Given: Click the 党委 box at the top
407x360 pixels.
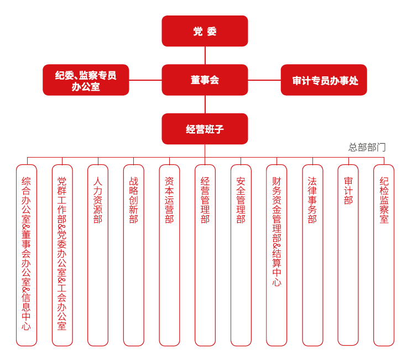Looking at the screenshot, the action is (x=205, y=31).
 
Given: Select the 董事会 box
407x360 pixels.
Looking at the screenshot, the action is (x=205, y=80).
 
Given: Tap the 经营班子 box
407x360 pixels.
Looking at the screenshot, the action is (x=205, y=129).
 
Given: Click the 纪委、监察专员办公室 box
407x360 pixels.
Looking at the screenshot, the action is (x=86, y=80).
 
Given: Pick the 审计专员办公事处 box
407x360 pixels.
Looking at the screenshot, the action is (x=324, y=80).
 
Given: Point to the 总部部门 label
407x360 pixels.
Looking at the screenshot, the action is (x=367, y=148).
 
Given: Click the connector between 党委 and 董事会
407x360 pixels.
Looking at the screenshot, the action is (x=205, y=55).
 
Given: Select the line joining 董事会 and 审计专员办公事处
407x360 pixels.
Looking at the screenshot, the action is (x=264, y=80).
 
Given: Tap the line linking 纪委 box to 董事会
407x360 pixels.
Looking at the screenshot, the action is (x=145, y=80).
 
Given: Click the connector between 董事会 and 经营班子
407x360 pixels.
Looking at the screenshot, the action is (x=205, y=105).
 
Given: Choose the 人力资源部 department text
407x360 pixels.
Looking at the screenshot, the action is (x=98, y=200).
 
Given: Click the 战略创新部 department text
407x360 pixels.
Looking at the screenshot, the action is (x=133, y=200).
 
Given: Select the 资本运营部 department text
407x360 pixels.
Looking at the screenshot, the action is (x=169, y=200).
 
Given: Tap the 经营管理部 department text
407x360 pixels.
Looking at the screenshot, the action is (x=205, y=200).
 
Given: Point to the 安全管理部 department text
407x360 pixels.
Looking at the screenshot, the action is (x=241, y=200).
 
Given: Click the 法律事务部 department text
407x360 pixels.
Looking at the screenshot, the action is (x=312, y=200).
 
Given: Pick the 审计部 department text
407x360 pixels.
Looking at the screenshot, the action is (x=348, y=191).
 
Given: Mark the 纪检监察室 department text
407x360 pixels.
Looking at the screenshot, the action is (x=384, y=200).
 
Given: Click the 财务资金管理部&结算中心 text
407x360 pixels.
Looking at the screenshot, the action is (x=276, y=232).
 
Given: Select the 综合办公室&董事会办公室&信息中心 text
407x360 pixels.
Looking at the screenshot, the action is (x=26, y=254).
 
